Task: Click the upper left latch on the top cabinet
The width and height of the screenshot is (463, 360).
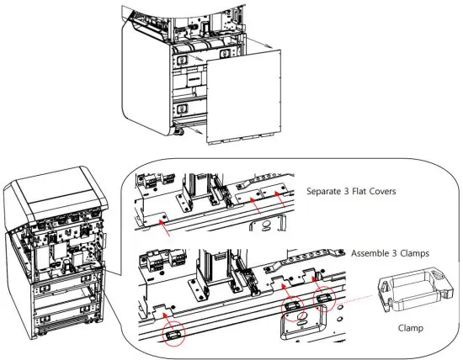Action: pos(180,59)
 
